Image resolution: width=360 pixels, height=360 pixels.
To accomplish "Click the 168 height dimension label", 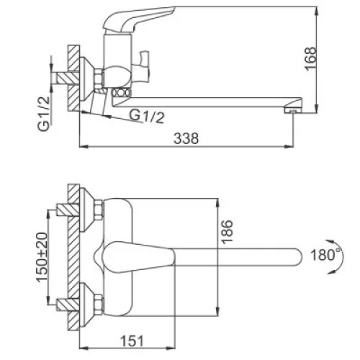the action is point(311,59).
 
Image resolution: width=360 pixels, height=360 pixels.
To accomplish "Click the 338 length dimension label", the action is point(186,138).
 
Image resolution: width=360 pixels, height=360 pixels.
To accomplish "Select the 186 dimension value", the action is point(227,232).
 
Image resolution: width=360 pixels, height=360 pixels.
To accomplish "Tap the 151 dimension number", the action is point(132,341).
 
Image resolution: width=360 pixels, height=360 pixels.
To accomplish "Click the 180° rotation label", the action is point(325,255).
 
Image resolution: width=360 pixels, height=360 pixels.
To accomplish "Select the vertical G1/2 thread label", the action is point(44,114).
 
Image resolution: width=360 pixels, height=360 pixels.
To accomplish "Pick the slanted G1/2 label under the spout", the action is point(147,117).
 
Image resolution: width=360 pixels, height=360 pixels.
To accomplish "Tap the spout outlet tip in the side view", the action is point(292,111).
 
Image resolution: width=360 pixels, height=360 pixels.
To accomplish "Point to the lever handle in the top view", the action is point(139,257).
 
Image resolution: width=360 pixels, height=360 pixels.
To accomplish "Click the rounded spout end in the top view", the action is point(297,257).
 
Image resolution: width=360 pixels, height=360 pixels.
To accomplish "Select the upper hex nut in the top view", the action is point(99,210).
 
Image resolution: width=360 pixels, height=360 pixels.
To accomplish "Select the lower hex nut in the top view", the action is point(99,305).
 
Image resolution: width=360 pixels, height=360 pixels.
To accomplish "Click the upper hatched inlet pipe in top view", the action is point(68,210).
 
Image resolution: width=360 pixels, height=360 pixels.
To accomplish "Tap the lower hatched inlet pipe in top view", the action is point(68,305).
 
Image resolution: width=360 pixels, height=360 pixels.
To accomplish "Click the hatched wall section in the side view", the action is point(73,78).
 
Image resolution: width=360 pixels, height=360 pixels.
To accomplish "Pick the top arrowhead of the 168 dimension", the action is point(317,11).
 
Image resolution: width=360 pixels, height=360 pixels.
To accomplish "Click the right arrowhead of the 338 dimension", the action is point(289,146).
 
